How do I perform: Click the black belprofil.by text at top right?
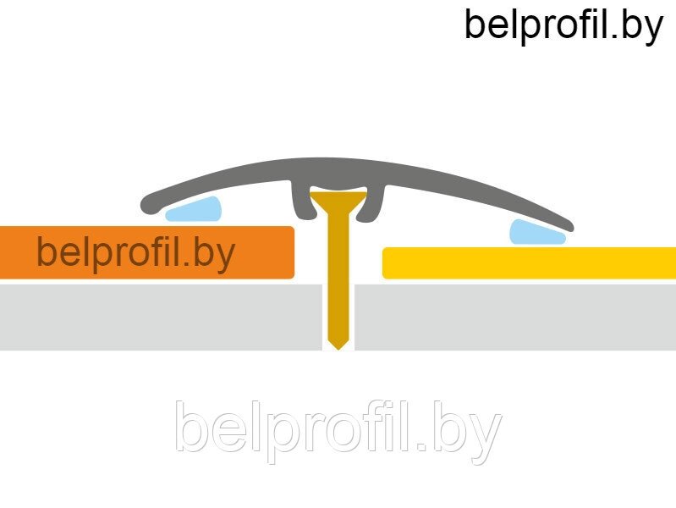point(563,27)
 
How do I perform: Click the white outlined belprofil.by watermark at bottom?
point(338,432)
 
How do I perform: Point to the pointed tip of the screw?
point(338,349)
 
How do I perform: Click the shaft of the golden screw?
point(338,276)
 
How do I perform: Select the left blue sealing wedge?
point(194,210)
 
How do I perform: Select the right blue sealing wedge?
point(536,233)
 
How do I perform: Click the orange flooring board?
point(146,252)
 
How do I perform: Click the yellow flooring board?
point(529,262)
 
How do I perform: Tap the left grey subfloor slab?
point(161,317)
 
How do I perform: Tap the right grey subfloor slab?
point(515,317)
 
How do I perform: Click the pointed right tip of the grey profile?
point(570,226)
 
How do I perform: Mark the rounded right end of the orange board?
point(293,252)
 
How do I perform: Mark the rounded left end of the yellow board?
point(385,262)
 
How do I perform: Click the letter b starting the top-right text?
point(475,25)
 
